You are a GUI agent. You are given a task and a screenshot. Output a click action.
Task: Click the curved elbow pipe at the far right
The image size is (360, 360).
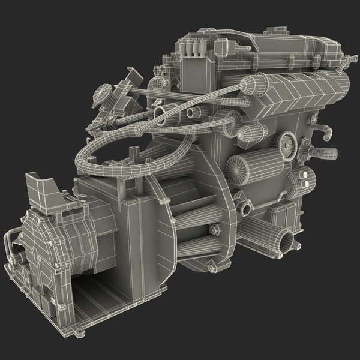click(x=326, y=132)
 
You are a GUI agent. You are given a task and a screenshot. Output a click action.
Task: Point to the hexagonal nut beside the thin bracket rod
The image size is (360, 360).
click(x=215, y=229)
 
